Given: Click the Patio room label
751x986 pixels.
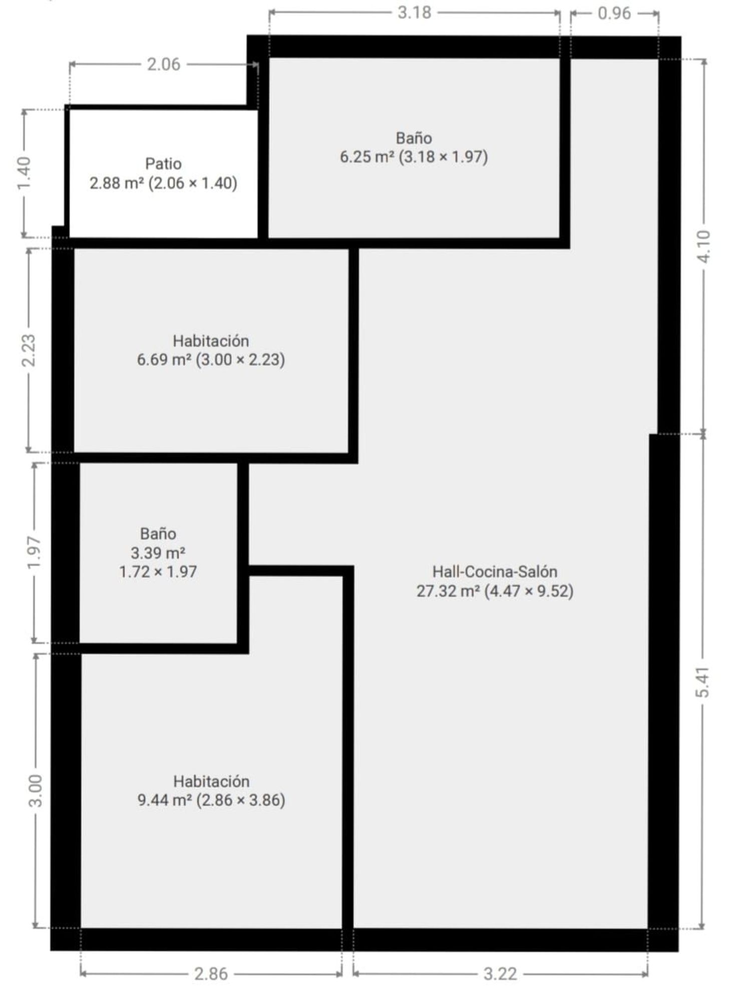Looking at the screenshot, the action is (163, 163).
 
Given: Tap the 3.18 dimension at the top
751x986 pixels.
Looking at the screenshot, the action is (414, 13).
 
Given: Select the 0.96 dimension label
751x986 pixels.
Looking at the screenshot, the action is (614, 13).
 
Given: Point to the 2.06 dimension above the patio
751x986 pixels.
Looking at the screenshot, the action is (163, 65).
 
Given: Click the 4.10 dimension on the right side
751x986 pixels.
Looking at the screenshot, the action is (703, 246).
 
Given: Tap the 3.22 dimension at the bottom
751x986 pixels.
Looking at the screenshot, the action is (500, 973).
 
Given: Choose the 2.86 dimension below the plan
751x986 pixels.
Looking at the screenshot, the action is (211, 973).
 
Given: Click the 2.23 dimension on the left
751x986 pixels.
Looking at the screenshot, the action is (29, 350).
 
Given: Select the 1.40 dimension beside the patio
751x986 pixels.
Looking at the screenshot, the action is (24, 174).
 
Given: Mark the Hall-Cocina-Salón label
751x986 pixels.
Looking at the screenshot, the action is (495, 572).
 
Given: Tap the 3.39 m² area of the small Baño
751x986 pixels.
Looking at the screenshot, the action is (158, 553).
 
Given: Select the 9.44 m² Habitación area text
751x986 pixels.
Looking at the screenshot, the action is (165, 800).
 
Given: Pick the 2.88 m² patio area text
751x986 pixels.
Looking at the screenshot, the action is (117, 183).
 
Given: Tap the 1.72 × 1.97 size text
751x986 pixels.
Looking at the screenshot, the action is (158, 572).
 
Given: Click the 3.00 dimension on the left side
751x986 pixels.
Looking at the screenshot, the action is (36, 791).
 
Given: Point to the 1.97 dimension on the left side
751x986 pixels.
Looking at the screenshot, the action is (34, 552).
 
